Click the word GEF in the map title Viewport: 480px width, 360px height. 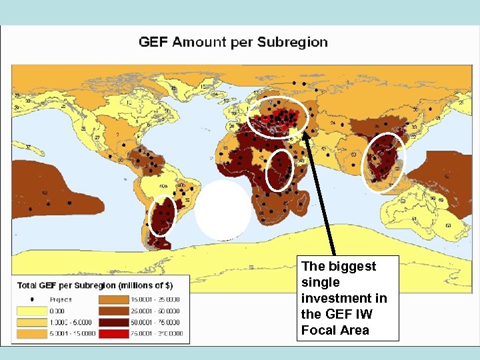(153, 42)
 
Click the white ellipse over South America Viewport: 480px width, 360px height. (161, 215)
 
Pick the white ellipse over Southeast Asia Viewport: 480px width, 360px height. (383, 163)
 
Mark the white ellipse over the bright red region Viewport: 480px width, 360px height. (278, 118)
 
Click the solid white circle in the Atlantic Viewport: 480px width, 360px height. (223, 210)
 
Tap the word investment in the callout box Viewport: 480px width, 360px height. (344, 298)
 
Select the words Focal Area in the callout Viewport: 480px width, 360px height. (335, 330)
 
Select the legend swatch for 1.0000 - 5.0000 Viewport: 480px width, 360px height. (30, 321)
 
